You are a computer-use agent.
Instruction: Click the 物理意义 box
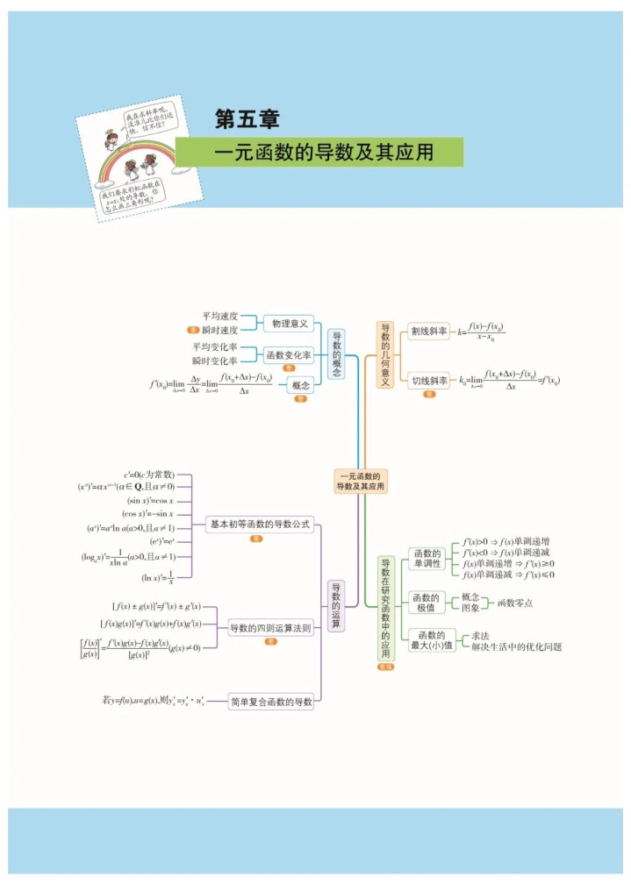[289, 324]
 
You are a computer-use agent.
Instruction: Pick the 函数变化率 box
[289, 355]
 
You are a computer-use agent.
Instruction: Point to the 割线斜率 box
[429, 332]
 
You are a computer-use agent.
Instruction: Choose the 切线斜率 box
[429, 381]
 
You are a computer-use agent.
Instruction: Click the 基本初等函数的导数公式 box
[259, 525]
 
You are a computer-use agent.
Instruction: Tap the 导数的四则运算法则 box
[270, 628]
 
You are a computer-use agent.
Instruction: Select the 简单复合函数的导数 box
[270, 701]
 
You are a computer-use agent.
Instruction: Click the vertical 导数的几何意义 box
[385, 355]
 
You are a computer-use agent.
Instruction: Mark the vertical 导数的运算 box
[335, 605]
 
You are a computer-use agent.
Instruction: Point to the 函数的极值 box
[427, 603]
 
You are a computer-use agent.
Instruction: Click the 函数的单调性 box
[427, 558]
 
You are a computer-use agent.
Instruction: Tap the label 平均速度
[219, 316]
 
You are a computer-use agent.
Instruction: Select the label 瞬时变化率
[215, 360]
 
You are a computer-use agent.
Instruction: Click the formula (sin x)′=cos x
[150, 500]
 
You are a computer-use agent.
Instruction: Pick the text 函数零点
[515, 603]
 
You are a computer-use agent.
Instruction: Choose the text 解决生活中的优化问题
[516, 646]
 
